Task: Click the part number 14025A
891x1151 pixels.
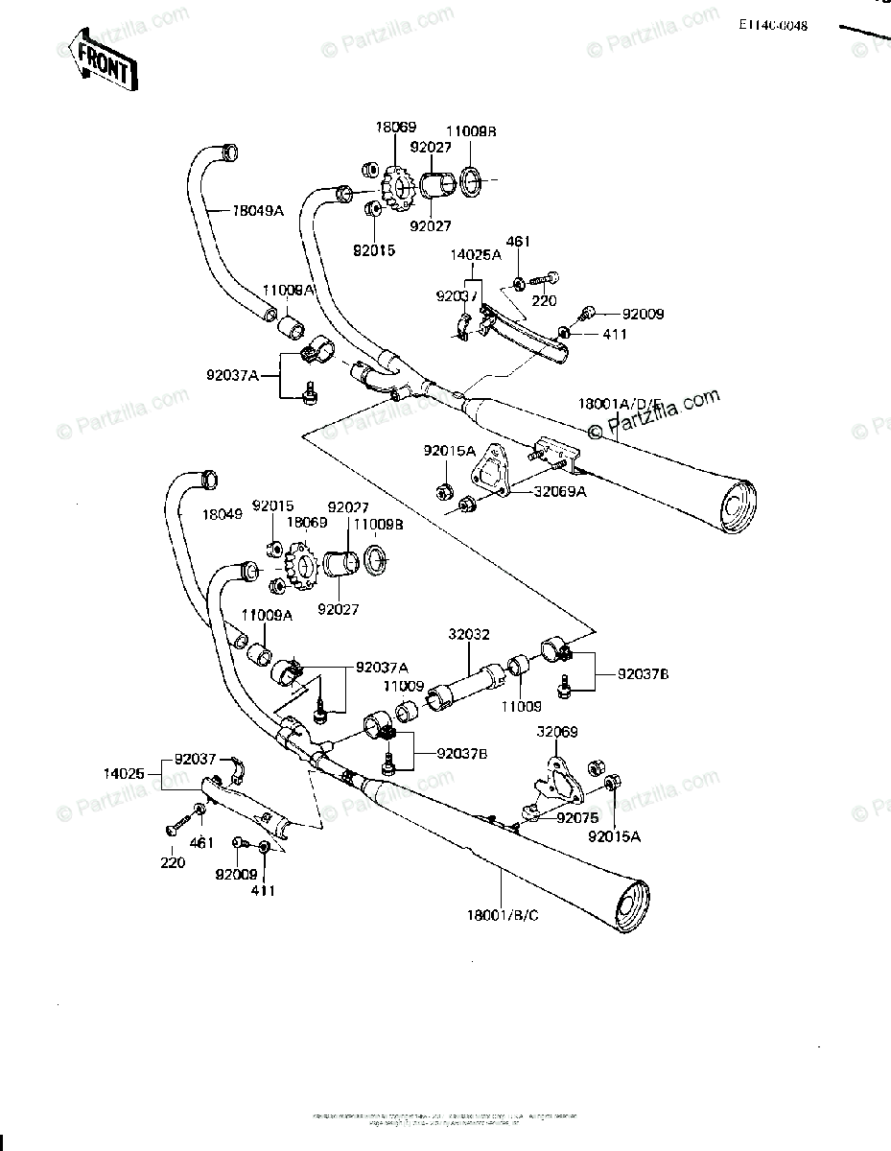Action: point(476,255)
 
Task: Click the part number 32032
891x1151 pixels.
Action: point(468,634)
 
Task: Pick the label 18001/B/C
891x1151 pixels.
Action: point(504,915)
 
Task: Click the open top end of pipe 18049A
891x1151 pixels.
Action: point(228,151)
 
